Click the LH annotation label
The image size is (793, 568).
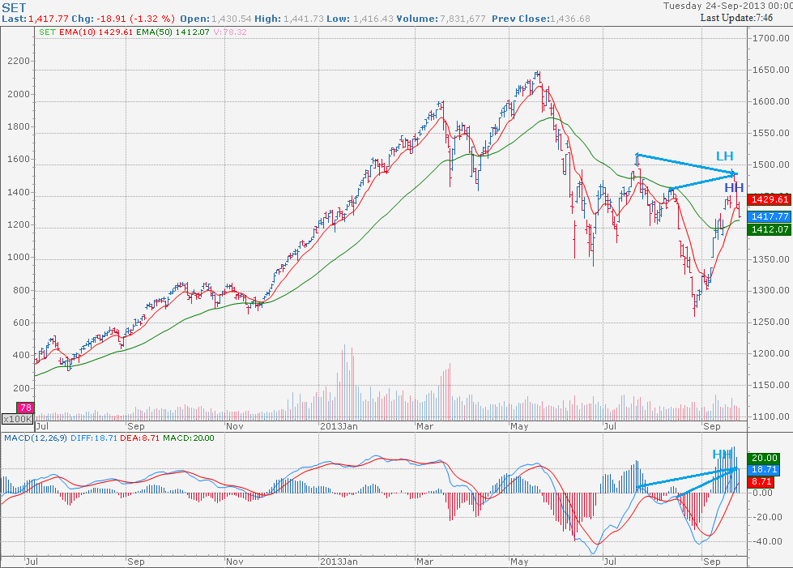[x=725, y=156]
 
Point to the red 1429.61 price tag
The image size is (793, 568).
[x=770, y=199]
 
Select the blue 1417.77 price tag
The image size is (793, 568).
[x=770, y=216]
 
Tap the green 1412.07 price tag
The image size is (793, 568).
[x=770, y=230]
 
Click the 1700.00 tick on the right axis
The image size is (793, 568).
[x=769, y=38]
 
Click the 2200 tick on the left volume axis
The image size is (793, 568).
[x=19, y=62]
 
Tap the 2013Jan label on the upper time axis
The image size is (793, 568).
[x=339, y=425]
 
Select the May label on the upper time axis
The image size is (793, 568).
[x=519, y=425]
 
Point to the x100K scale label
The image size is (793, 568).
[x=17, y=419]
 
